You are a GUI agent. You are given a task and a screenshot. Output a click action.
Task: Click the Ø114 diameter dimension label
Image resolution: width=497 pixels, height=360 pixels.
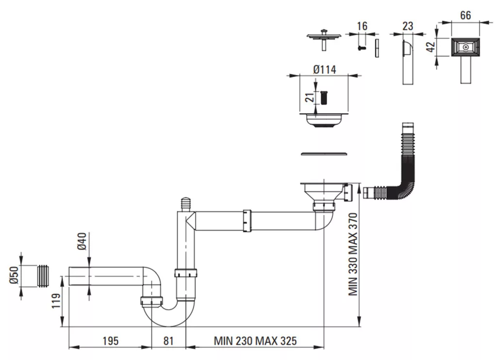pos(325,69)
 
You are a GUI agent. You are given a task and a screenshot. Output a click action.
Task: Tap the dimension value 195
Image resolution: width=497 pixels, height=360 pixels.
pos(110,341)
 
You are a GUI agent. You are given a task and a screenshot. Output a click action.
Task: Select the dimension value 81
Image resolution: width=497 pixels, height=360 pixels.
pos(168,341)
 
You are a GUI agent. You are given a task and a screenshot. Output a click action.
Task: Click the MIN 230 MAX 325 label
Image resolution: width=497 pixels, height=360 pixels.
pos(255,341)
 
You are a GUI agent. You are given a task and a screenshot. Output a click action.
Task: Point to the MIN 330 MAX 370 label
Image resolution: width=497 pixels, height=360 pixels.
pos(353,254)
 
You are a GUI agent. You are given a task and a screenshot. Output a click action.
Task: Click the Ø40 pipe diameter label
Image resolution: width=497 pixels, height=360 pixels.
pos(82,241)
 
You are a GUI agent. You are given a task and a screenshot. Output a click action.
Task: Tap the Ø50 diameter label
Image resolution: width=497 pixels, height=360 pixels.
pos(14,275)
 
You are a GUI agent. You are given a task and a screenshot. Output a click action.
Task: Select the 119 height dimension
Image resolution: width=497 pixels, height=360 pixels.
pos(56,300)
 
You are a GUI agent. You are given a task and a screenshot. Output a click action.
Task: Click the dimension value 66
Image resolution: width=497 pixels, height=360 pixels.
pos(465,15)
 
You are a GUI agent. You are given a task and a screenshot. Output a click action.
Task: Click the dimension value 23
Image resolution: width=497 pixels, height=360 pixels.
pos(408,26)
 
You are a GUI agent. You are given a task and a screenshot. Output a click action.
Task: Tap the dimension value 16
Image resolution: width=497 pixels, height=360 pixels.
pos(362,26)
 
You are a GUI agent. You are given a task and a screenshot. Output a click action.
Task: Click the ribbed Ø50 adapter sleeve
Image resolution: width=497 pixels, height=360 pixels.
pos(43,275)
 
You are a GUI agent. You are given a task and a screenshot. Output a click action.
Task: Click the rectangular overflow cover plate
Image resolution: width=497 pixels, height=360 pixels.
pos(465,47)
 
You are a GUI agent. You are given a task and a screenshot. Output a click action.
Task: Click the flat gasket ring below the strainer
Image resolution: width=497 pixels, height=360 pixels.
pos(324,154)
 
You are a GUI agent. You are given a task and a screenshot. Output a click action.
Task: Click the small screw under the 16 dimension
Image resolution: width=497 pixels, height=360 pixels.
pos(362,48)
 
